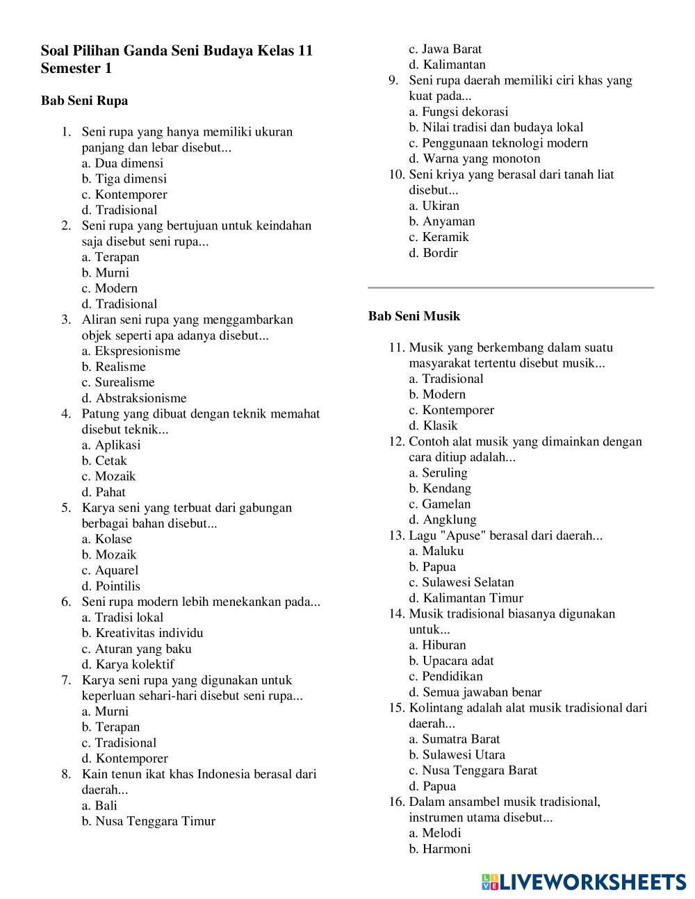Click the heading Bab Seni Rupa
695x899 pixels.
coord(84,101)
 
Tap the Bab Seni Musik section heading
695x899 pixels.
coord(414,316)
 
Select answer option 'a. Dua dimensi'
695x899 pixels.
coord(122,163)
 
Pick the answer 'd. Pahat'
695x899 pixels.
coord(104,492)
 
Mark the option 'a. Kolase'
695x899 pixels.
coord(106,539)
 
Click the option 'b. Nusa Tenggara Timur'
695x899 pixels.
coord(148,821)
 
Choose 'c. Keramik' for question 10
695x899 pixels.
coord(439,237)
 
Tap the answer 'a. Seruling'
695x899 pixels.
coord(438,473)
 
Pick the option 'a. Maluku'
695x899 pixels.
coord(436,551)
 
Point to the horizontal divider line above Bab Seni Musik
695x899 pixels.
coord(511,287)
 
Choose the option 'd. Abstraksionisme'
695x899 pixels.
coord(134,398)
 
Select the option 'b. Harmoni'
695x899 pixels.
coord(439,849)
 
